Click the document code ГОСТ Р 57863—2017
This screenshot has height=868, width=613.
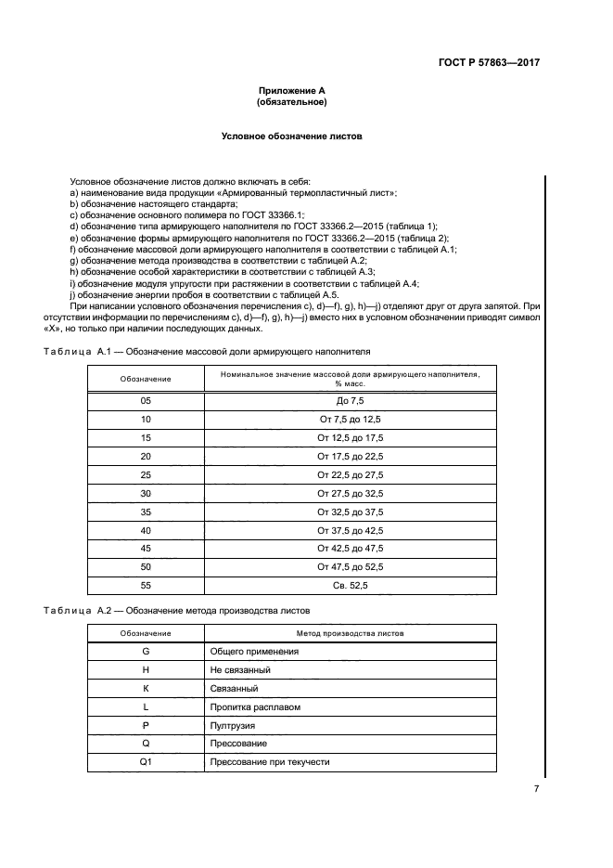click(489, 63)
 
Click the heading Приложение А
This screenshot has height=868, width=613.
click(291, 91)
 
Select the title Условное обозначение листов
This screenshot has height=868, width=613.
click(291, 136)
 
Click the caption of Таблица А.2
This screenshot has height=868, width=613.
click(177, 610)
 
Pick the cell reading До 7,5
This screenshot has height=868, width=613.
click(350, 401)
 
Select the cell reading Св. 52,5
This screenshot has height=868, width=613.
click(350, 585)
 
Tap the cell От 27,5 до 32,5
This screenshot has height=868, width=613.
click(350, 493)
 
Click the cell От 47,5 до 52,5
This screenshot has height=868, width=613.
click(350, 566)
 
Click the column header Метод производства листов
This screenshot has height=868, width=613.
click(350, 633)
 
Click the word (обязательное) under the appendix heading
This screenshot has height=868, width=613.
click(291, 102)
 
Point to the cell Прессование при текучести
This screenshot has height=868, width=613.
click(270, 762)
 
